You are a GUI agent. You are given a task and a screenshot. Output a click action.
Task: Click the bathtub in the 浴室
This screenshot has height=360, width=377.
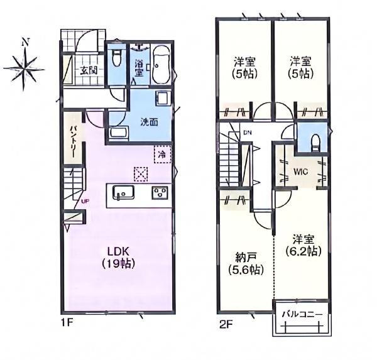pos(161,65)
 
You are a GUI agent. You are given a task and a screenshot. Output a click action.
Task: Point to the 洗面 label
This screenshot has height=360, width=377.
pos(149,122)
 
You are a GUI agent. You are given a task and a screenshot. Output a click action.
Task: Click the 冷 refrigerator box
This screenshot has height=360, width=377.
pos(163,155)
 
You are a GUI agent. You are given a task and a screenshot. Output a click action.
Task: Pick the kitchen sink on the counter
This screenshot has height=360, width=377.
pos(124,192)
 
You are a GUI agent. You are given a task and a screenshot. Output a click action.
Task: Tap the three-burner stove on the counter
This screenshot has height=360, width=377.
pos(160,193)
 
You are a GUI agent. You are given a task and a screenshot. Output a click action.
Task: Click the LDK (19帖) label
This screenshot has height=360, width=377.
pos(118,258)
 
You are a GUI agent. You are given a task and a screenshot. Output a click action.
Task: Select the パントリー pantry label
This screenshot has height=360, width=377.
pos(74,140)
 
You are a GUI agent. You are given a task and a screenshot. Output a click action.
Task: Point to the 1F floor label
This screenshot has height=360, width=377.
pos(67,322)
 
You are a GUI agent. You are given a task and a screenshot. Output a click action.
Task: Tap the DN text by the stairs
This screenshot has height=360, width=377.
pos(248,133)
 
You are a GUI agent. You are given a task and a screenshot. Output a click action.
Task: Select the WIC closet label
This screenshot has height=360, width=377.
pos(301,172)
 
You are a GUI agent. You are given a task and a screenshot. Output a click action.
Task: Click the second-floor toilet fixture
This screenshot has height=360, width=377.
pos(315,143)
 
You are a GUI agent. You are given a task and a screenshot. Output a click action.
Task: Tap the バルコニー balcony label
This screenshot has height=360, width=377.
pos(302,314)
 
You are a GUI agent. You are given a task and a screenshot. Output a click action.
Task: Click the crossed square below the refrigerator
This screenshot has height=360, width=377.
pos(141,174)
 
